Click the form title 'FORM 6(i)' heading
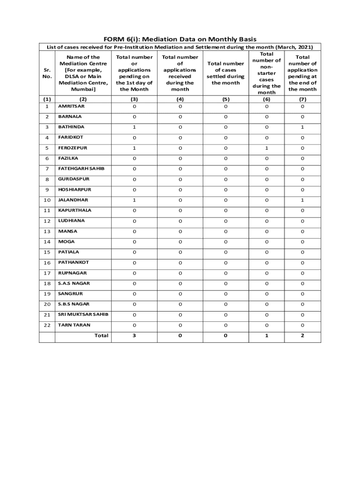180,39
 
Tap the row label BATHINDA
72,127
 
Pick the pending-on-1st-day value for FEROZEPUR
134,148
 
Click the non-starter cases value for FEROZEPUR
266,148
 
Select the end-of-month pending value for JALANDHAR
302,200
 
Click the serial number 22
47,325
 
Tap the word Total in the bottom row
101,335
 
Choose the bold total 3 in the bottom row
134,335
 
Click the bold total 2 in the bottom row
302,335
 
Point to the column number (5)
226,99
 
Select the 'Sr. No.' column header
47,73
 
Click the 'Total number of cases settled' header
226,73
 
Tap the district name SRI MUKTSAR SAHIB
83,314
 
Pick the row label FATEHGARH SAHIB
81,168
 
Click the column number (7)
302,99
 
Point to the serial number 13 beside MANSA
47,232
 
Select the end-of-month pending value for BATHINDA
302,127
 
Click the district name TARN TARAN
74,325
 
